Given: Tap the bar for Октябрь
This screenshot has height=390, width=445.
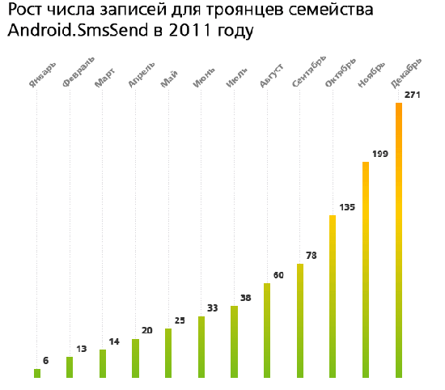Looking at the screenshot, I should [x=333, y=296].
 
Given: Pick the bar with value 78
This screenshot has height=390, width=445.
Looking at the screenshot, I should [x=300, y=320].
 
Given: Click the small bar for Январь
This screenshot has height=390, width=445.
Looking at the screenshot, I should [x=37, y=373].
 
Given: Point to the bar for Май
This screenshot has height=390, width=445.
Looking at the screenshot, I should [x=168, y=353].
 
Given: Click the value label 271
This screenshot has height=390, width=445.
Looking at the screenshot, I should [x=413, y=95].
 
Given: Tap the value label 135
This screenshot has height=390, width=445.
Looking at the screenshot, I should [x=347, y=208].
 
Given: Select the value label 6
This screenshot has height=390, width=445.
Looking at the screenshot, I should [x=46, y=361].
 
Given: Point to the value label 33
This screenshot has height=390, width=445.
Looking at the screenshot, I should [x=213, y=308].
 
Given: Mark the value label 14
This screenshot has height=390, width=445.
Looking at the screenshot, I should [x=114, y=342].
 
